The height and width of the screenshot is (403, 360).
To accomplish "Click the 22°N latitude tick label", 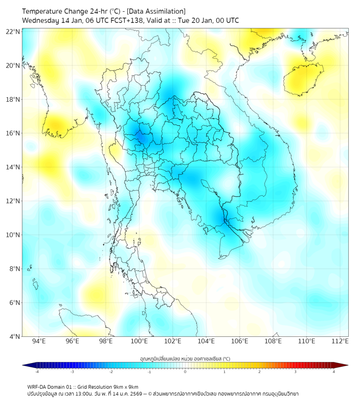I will click(13, 31).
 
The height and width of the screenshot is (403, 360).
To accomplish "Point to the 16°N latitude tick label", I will click(13, 133).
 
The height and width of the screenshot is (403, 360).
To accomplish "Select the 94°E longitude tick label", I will click(39, 341).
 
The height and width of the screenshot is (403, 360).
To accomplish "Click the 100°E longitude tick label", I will click(140, 341).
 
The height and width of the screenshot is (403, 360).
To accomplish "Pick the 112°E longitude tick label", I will click(340, 341).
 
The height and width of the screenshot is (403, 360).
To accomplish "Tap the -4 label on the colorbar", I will click(36, 372).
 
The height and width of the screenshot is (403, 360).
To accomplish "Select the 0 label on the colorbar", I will click(185, 372).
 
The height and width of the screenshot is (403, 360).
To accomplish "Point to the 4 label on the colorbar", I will click(333, 372).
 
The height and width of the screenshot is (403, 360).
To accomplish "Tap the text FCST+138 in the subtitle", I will click(124, 20).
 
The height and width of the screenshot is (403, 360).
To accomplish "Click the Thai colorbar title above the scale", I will click(185, 359).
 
